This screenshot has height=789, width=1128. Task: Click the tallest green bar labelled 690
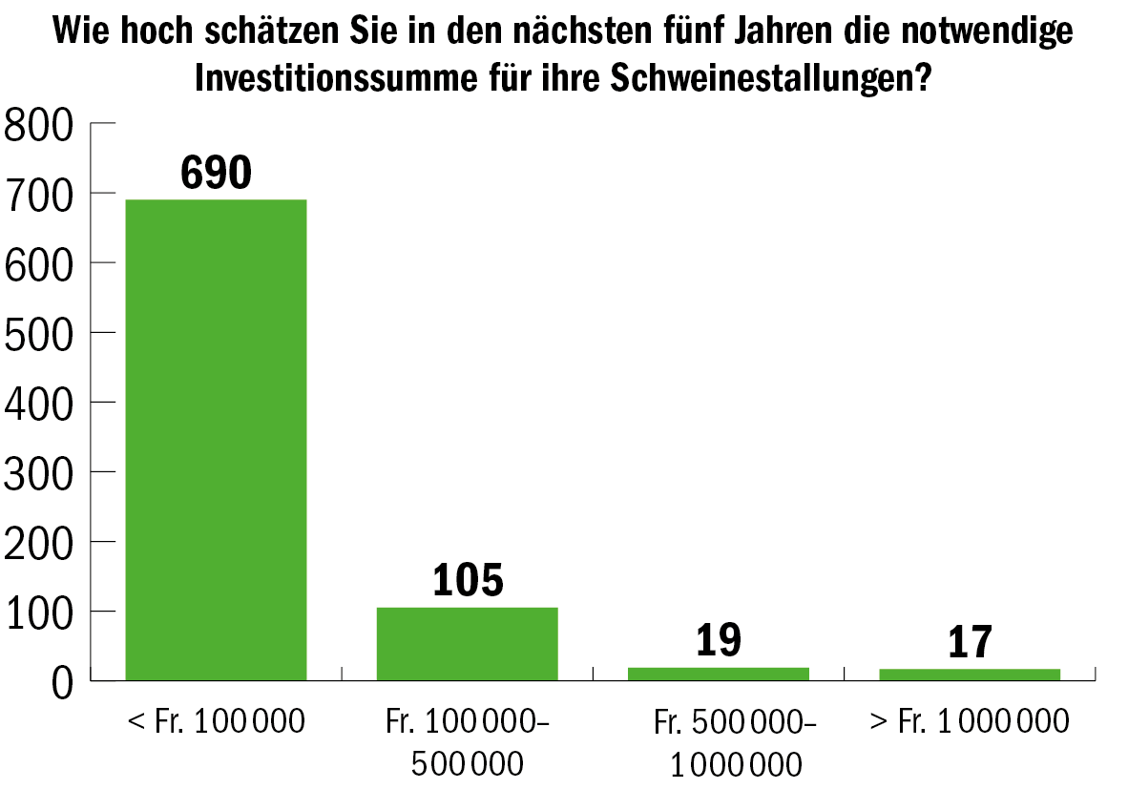pos(216,439)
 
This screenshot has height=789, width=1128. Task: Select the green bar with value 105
pos(467,643)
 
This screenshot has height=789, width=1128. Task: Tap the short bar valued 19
pos(718,674)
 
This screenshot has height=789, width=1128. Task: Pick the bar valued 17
pos(969,675)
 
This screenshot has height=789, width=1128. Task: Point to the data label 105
pos(467,580)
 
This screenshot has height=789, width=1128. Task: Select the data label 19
pos(718,641)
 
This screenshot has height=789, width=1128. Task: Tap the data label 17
pos(969,643)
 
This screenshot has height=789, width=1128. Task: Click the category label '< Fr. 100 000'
pos(216,721)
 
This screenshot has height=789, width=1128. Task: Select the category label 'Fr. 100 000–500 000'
pos(467,742)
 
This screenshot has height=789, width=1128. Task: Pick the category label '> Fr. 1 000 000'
pos(969,721)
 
